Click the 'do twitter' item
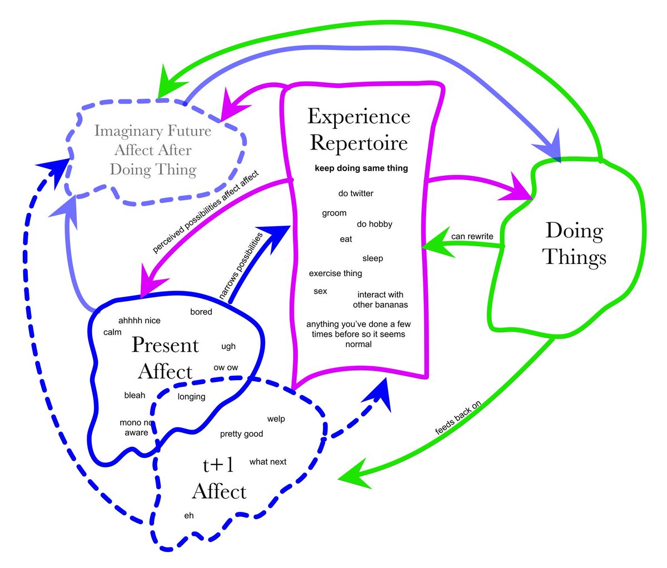356,193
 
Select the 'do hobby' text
375,224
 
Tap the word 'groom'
334,213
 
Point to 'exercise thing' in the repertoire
335,273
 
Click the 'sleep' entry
372,258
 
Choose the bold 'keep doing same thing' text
361,168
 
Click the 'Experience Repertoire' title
359,129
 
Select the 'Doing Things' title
574,244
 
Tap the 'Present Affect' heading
165,358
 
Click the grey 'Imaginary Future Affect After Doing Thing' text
153,150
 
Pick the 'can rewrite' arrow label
472,236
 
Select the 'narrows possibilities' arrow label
241,267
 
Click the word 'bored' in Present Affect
201,312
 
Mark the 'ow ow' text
226,367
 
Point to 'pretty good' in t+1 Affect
241,434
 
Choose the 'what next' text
268,462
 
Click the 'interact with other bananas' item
380,300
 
